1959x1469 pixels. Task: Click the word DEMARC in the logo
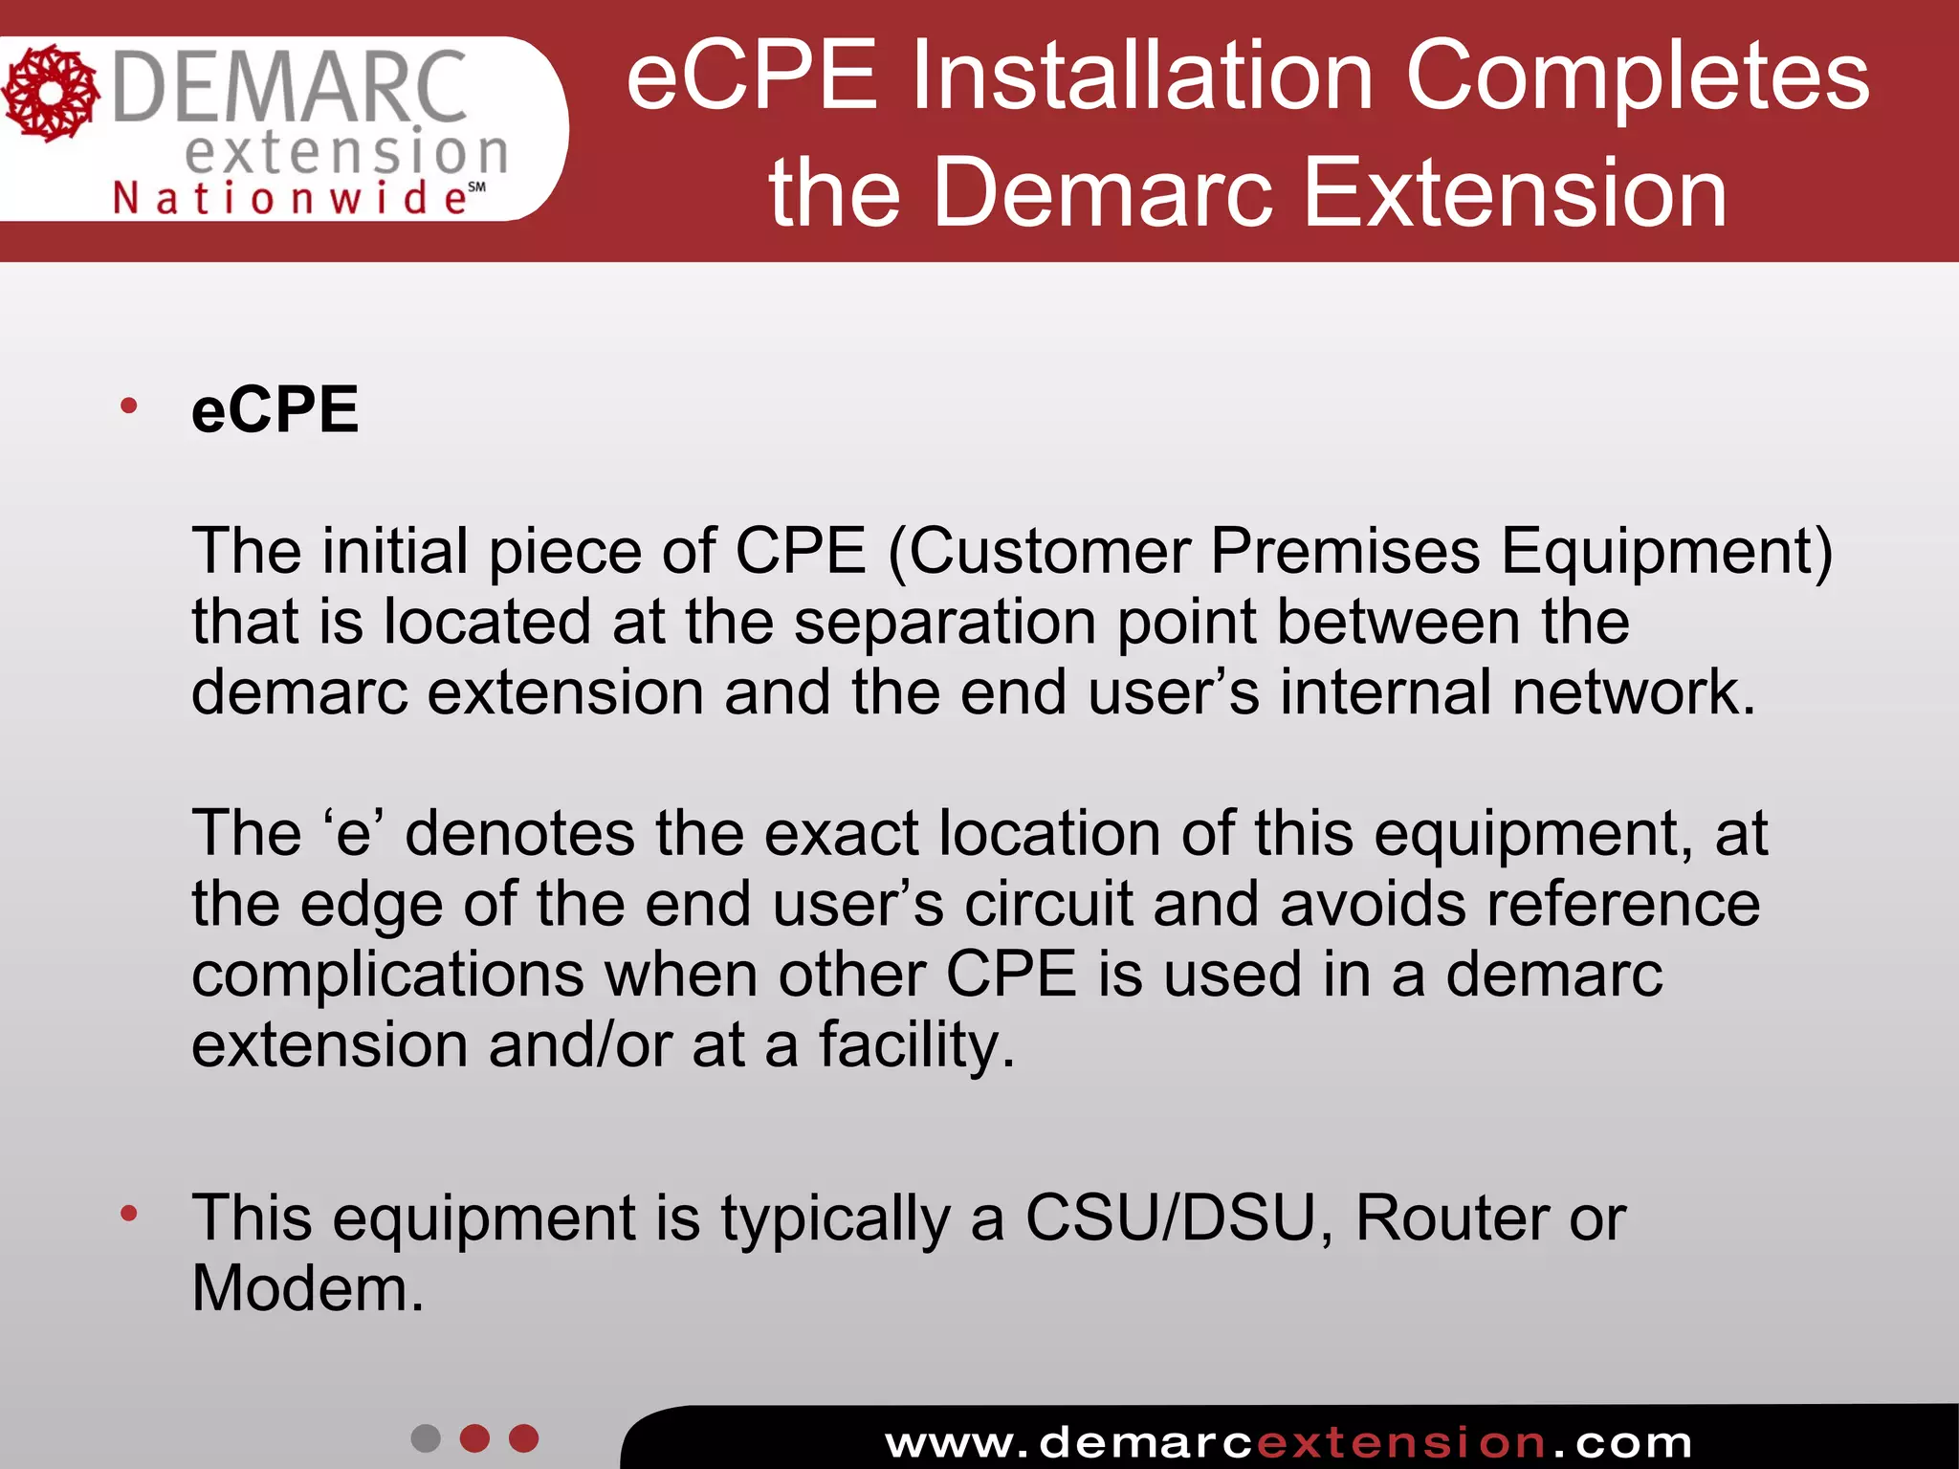pyautogui.click(x=289, y=88)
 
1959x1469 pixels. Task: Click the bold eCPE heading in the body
pyautogui.click(x=275, y=410)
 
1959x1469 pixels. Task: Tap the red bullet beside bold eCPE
pyautogui.click(x=129, y=406)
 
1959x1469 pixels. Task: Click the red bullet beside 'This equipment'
pyautogui.click(x=129, y=1215)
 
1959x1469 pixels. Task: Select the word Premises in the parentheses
pyautogui.click(x=1345, y=552)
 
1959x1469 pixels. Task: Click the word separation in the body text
pyautogui.click(x=945, y=623)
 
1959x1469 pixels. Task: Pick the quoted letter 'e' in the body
pyautogui.click(x=353, y=833)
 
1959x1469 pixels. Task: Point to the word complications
pyautogui.click(x=387, y=976)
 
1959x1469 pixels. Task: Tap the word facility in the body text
pyautogui.click(x=915, y=1045)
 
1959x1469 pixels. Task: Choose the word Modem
pyautogui.click(x=306, y=1289)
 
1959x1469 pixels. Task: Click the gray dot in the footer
pyautogui.click(x=426, y=1438)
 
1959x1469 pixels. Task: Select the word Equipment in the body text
pyautogui.click(x=1665, y=552)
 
